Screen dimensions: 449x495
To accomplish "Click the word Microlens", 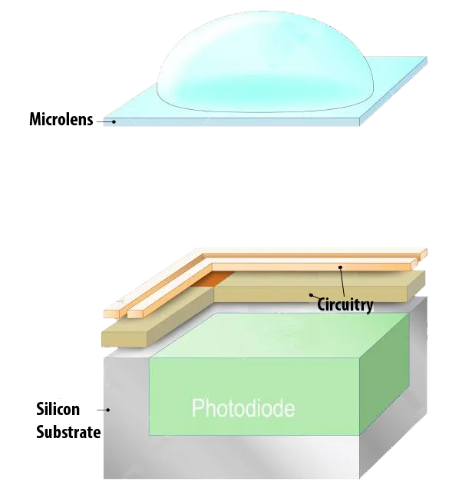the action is tap(61, 119).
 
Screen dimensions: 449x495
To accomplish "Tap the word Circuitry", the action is tap(345, 304).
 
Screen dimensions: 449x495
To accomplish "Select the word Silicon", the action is tap(58, 409).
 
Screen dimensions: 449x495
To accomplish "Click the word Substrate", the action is tap(68, 432).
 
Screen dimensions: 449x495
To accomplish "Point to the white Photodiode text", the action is tap(243, 408).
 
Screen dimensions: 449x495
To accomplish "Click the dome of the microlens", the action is tap(265, 61).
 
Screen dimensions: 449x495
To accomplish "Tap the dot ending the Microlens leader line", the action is tap(114, 121).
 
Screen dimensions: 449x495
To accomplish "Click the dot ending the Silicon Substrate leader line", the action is tap(108, 410).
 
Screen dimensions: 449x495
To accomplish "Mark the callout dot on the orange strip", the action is tap(341, 267).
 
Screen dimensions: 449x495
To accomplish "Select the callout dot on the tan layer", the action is tap(311, 295).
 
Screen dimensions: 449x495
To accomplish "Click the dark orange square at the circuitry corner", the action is tap(213, 279).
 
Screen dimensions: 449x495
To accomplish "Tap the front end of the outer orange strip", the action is tap(112, 314).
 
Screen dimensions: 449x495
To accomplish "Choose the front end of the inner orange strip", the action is tap(136, 314).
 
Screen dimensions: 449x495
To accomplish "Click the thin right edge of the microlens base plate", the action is tap(394, 91).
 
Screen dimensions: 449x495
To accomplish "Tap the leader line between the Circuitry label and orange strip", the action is tap(343, 282).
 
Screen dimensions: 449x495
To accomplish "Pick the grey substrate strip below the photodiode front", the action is tap(232, 457).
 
